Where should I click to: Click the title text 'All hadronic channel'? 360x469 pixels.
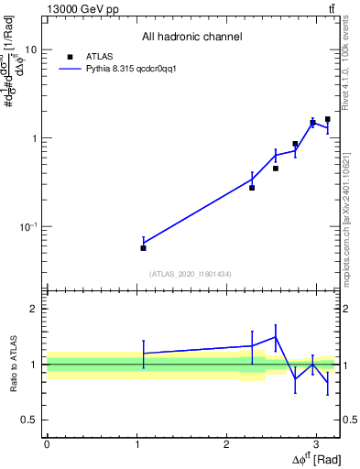pyautogui.click(x=191, y=38)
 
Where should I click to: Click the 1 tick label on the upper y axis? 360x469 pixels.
pyautogui.click(x=33, y=138)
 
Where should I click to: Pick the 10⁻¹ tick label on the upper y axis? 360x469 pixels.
pyautogui.click(x=27, y=226)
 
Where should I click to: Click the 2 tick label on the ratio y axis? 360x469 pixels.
pyautogui.click(x=33, y=310)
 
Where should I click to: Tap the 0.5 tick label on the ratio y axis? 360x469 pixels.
pyautogui.click(x=27, y=420)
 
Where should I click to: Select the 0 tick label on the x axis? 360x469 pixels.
pyautogui.click(x=47, y=444)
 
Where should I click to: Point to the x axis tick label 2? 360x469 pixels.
pyautogui.click(x=226, y=444)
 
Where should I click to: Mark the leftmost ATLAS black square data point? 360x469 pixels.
pyautogui.click(x=143, y=248)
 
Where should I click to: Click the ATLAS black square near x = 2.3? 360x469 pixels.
pyautogui.click(x=252, y=187)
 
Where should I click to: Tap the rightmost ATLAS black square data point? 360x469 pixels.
pyautogui.click(x=328, y=119)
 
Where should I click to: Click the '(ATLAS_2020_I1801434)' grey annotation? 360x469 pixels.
pyautogui.click(x=191, y=274)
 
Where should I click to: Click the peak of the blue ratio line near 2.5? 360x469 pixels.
pyautogui.click(x=276, y=336)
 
